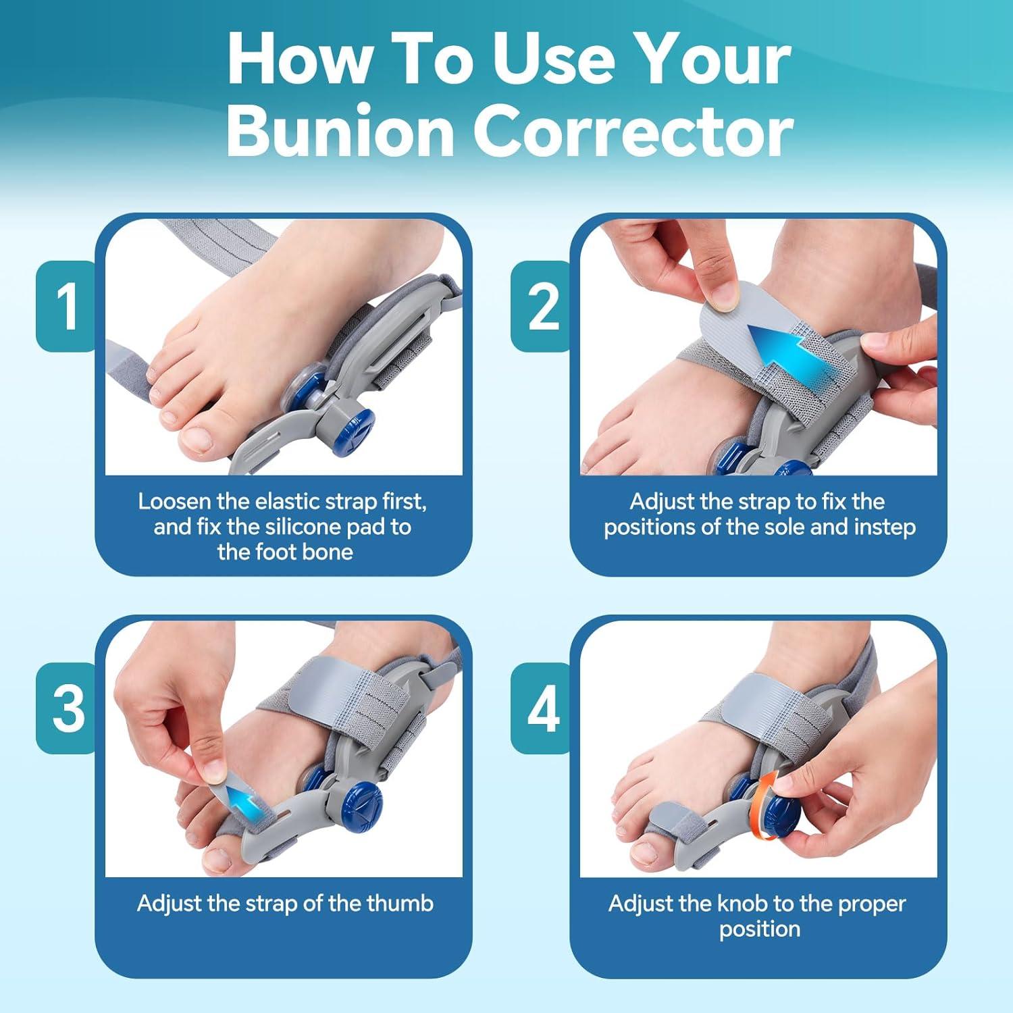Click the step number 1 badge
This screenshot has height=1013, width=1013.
(x=67, y=307)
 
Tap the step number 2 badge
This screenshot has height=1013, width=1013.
(x=542, y=307)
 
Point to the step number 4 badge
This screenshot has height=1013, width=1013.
(x=543, y=708)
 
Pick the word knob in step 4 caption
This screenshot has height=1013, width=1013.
(x=741, y=903)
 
